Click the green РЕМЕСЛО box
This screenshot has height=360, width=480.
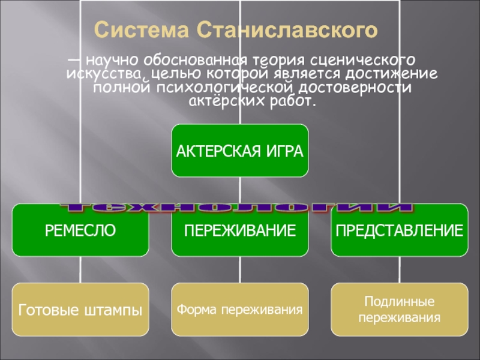pos(80,230)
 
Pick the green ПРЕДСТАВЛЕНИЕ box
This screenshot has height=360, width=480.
pos(399,230)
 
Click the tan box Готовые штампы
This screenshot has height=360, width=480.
pos(80,310)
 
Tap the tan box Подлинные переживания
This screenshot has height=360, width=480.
pos(399,310)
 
